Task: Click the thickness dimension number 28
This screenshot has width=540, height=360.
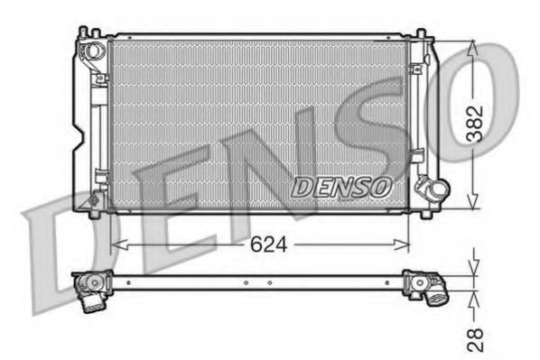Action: click(x=476, y=338)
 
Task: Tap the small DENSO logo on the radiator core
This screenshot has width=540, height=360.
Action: click(x=340, y=187)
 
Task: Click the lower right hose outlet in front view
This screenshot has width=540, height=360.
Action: click(x=432, y=191)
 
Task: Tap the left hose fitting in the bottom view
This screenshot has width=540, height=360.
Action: click(x=94, y=291)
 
